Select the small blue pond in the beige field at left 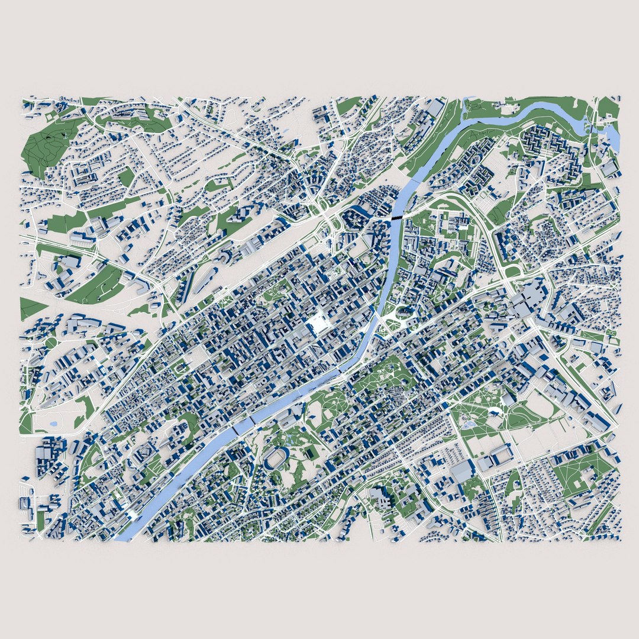[54, 424]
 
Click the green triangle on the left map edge [31, 308]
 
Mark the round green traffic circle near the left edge [51, 343]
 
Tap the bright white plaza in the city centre [318, 324]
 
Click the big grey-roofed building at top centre [435, 108]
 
